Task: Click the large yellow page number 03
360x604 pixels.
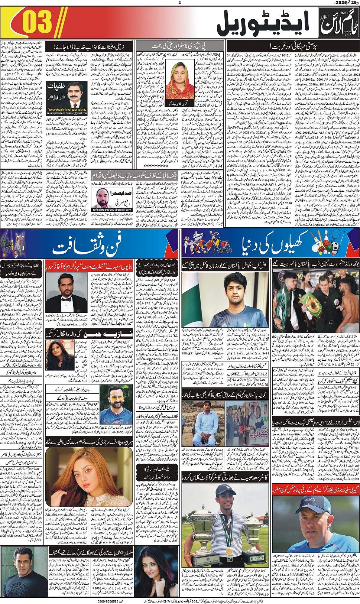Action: [36, 22]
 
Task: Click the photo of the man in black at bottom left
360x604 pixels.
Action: [24, 572]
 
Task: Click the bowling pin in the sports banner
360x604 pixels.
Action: [323, 240]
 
